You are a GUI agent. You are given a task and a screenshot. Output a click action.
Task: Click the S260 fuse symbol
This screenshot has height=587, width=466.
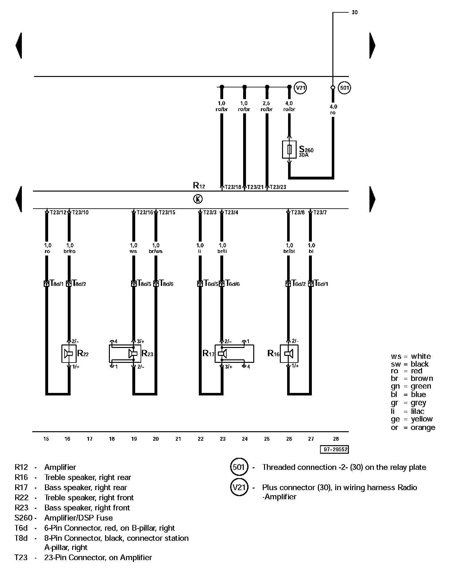click(289, 149)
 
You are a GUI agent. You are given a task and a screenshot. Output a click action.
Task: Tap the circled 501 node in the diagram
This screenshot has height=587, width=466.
click(344, 88)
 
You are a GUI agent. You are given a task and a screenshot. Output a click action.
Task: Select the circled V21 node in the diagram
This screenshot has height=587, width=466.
click(300, 87)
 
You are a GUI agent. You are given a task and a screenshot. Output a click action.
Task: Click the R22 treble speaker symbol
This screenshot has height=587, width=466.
click(69, 353)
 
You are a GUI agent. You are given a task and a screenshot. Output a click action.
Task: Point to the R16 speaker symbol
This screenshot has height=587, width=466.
click(289, 353)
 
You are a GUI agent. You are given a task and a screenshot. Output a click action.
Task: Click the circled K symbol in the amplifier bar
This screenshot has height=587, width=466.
click(198, 199)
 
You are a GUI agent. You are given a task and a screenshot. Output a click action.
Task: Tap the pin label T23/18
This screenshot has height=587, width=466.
click(233, 187)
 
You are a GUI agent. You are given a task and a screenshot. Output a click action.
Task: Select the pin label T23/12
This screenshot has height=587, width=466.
click(58, 212)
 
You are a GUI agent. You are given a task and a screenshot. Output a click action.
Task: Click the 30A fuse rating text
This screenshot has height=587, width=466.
click(304, 155)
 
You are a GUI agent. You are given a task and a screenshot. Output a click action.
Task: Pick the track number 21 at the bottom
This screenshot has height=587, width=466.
click(178, 439)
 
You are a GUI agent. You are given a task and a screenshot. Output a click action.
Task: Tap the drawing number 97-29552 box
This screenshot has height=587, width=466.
click(334, 449)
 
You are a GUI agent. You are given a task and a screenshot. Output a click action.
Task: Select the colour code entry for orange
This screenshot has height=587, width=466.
click(413, 427)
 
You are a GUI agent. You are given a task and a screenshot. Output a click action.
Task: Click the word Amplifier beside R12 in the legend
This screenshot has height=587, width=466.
click(60, 467)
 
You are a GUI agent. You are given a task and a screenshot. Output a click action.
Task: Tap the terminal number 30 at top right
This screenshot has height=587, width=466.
click(355, 12)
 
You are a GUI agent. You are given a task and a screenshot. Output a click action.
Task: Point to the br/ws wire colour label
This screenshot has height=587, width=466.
click(156, 251)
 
